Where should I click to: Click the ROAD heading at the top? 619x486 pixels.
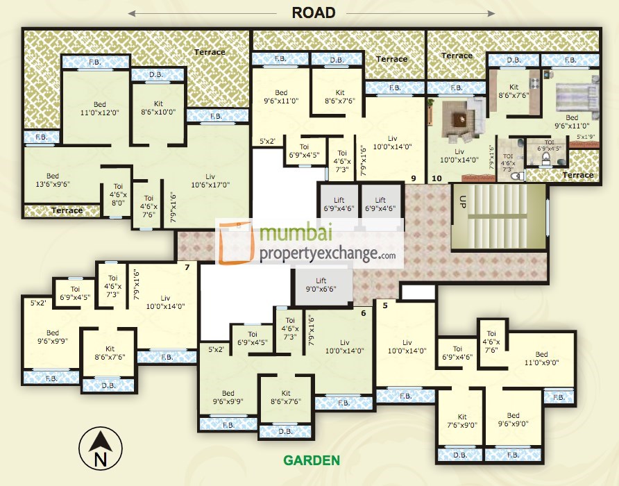click(314, 12)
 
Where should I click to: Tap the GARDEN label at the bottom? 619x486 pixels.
click(311, 460)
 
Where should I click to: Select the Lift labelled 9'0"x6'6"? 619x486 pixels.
click(321, 285)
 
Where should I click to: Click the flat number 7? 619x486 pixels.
click(187, 267)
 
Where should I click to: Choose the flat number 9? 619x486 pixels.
click(413, 178)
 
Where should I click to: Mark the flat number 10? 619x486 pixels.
click(436, 178)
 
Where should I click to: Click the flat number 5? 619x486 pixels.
click(384, 304)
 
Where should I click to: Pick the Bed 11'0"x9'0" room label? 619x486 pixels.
click(541, 358)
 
